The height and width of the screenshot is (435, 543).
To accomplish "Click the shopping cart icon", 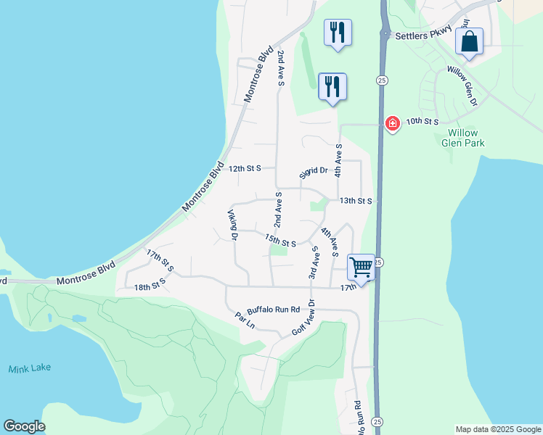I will [361, 267].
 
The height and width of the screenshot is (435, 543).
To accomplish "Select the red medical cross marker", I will [393, 124].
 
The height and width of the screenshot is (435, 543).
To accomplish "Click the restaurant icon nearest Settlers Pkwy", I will [338, 33].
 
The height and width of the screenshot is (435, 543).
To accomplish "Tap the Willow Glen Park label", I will [462, 138].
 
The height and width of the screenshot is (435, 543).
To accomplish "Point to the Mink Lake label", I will [30, 368].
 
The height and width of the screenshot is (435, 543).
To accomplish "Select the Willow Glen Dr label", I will [462, 86].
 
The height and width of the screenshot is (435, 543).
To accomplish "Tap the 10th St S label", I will [422, 121].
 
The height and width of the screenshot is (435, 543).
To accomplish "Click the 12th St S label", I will [244, 168].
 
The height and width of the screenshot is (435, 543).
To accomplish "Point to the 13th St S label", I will [356, 200].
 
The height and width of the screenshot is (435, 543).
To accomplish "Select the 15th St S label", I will [280, 240].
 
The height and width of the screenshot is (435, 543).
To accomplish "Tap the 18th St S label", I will [151, 288].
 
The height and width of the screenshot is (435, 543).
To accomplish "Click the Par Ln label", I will [244, 319].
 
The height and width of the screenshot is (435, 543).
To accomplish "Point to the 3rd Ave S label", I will [314, 262].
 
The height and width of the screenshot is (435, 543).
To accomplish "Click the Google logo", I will [24, 426].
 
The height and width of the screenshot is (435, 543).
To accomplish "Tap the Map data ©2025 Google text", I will [497, 429].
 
